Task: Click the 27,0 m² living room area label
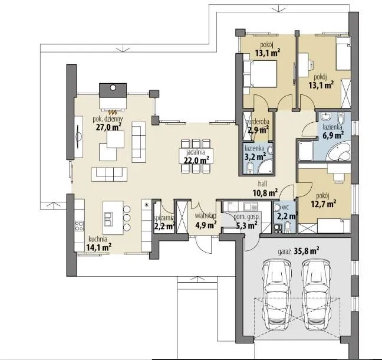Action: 108,127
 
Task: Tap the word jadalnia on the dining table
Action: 196,153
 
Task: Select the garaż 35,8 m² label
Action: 298,251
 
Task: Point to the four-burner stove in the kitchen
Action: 79,225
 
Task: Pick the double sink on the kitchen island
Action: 108,218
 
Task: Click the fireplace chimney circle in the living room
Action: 113,87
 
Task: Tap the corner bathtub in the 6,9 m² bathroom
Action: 338,151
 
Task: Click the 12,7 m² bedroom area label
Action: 324,200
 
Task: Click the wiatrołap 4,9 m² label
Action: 206,221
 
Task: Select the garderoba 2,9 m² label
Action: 258,126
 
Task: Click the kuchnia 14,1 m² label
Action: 98,243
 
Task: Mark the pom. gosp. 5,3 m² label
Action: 246,221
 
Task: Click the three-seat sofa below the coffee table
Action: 109,174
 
